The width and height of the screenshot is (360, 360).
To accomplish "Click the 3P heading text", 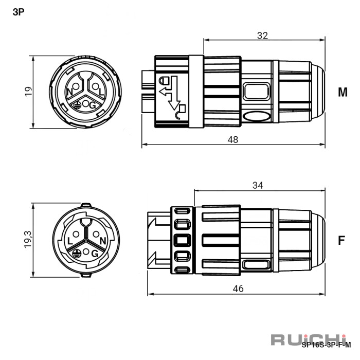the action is click(x=19, y=12).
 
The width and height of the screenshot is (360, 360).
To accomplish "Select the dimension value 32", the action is click(x=262, y=35).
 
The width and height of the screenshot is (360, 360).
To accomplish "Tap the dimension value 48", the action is click(x=233, y=139).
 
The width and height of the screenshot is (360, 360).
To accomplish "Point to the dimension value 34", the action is click(x=258, y=185).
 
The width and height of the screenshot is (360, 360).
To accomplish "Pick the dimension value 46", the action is click(x=238, y=289).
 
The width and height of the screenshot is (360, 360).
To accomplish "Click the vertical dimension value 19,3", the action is click(x=28, y=239).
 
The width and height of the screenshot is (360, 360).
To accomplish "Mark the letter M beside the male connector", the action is click(x=343, y=92).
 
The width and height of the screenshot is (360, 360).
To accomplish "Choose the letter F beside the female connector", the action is click(x=341, y=240).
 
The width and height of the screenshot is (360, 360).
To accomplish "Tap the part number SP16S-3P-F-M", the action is click(x=326, y=345).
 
